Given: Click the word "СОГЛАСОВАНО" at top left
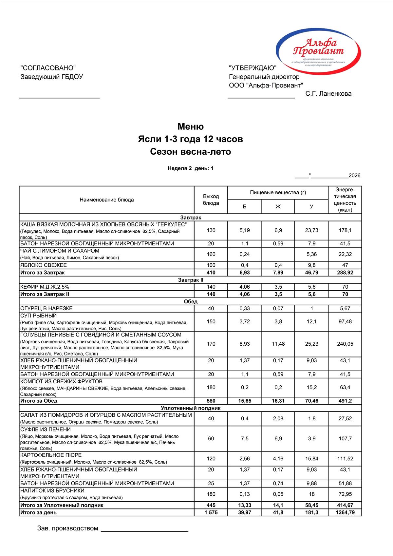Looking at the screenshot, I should pyautogui.click(x=48, y=68).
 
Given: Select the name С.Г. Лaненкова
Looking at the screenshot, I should pyautogui.click(x=328, y=94).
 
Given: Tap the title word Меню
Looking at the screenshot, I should pyautogui.click(x=191, y=126).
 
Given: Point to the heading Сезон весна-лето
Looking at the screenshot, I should pyautogui.click(x=191, y=152).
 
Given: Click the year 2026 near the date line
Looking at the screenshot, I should pyautogui.click(x=354, y=176).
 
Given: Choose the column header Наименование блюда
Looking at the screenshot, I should pyautogui.click(x=107, y=200).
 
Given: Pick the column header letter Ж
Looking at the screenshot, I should pyautogui.click(x=278, y=206).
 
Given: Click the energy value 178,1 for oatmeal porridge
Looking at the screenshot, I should pyautogui.click(x=345, y=230).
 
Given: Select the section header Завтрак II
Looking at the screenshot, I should pyautogui.click(x=191, y=280).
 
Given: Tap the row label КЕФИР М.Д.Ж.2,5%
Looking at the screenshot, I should pyautogui.click(x=45, y=287).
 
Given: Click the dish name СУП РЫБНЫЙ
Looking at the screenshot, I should pyautogui.click(x=39, y=316).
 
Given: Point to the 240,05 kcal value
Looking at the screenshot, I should pyautogui.click(x=345, y=344).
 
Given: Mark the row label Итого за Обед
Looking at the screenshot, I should pyautogui.click(x=39, y=401).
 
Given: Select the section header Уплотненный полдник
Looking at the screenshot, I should pyautogui.click(x=191, y=408).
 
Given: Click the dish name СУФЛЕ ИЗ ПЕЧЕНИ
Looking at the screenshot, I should pyautogui.click(x=46, y=429).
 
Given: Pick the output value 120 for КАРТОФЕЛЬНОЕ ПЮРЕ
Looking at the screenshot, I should pyautogui.click(x=211, y=458).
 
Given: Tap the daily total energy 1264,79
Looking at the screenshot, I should pyautogui.click(x=345, y=512).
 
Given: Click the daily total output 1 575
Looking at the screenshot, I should pyautogui.click(x=211, y=512).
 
